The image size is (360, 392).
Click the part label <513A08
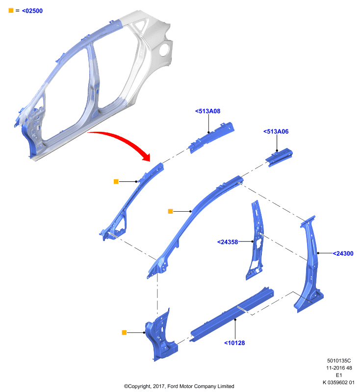(207, 111)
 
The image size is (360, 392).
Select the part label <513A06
(276, 131)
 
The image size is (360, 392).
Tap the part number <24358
(228, 242)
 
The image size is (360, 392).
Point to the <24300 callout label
(343, 253)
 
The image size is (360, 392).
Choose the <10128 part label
(234, 343)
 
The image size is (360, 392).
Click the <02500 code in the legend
(32, 11)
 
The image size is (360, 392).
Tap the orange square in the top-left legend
(11, 10)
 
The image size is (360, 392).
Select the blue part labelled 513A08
(211, 138)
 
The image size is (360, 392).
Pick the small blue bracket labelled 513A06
(279, 157)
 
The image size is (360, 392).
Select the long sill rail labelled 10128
(231, 315)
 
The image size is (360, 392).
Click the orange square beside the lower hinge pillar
(124, 333)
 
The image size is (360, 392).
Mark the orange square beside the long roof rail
(170, 212)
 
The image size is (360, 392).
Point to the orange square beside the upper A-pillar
(116, 181)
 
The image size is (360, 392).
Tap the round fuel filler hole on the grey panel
(164, 50)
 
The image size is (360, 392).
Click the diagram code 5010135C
(339, 361)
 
